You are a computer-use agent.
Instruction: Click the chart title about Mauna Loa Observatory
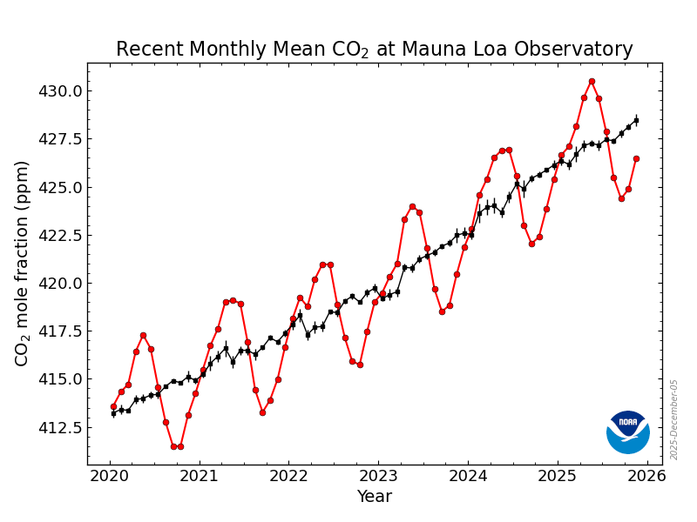375,50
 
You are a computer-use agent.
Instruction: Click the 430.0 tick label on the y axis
59,91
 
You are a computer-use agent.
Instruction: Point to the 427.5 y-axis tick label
59,140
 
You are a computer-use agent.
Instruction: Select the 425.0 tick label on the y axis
59,188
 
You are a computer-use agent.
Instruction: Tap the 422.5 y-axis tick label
59,236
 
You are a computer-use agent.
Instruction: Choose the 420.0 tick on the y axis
59,284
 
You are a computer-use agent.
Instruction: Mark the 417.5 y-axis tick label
59,331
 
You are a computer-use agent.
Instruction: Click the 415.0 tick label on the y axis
59,379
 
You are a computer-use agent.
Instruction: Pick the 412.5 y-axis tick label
59,428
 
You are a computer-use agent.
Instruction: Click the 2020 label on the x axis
110,476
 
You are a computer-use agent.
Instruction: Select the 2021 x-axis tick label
200,476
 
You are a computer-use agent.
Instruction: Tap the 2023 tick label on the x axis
378,476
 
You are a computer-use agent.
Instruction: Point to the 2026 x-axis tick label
646,476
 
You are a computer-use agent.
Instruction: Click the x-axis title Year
375,497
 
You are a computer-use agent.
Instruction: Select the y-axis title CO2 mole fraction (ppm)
24,263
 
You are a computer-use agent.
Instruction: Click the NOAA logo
628,432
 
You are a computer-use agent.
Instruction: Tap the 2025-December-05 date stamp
674,419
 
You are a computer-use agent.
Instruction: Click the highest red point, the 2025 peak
592,81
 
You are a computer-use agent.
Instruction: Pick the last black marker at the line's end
636,120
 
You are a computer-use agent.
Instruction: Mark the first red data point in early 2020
113,406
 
